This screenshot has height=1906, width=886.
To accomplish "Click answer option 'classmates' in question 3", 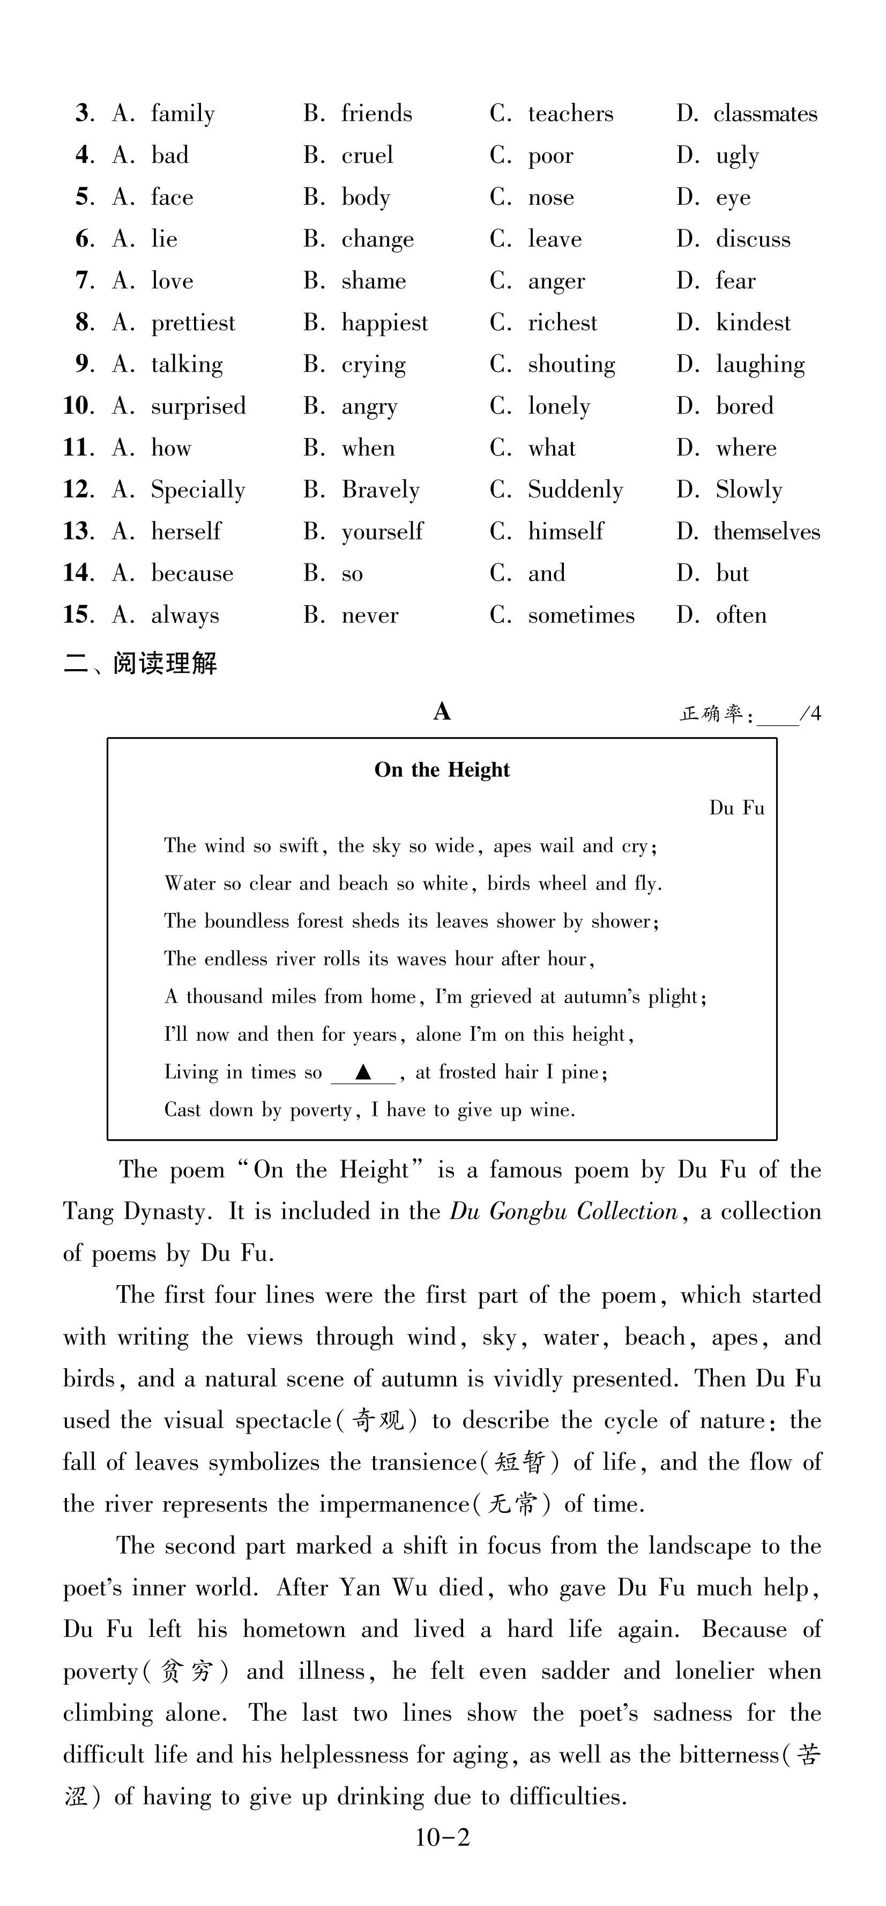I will [765, 114].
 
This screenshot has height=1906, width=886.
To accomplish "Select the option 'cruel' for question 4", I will [367, 155].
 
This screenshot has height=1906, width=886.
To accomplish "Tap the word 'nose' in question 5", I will [550, 197].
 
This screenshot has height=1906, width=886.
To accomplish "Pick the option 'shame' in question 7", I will [374, 281].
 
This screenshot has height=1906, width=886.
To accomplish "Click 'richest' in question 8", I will [562, 323].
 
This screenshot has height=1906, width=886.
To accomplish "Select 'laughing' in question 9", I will [760, 365].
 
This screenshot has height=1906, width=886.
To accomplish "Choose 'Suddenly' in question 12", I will [575, 490].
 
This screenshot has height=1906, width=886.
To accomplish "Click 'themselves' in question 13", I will [766, 532].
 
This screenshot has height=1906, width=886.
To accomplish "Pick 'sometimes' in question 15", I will [580, 615].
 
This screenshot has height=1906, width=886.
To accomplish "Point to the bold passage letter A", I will [442, 712].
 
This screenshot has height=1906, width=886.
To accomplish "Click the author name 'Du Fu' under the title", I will [736, 808].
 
